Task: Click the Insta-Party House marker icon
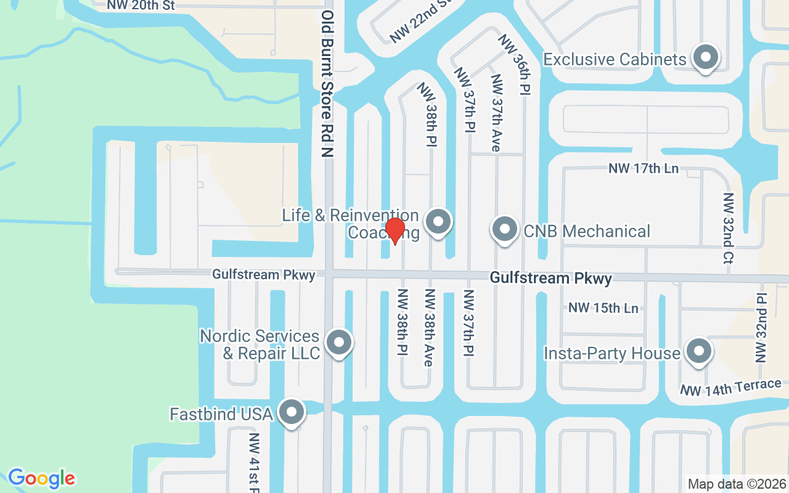tap(699, 352)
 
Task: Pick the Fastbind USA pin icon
tap(292, 412)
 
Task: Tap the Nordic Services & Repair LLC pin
tap(338, 344)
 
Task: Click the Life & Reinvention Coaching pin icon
tap(438, 222)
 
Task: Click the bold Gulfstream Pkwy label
tap(551, 279)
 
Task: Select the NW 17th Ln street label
tap(644, 168)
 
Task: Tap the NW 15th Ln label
tap(603, 308)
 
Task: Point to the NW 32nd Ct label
tap(729, 229)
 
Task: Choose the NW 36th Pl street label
tap(515, 63)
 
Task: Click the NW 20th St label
tap(141, 6)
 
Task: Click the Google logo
tap(42, 478)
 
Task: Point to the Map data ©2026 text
tap(736, 484)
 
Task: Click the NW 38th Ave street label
tap(429, 327)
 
